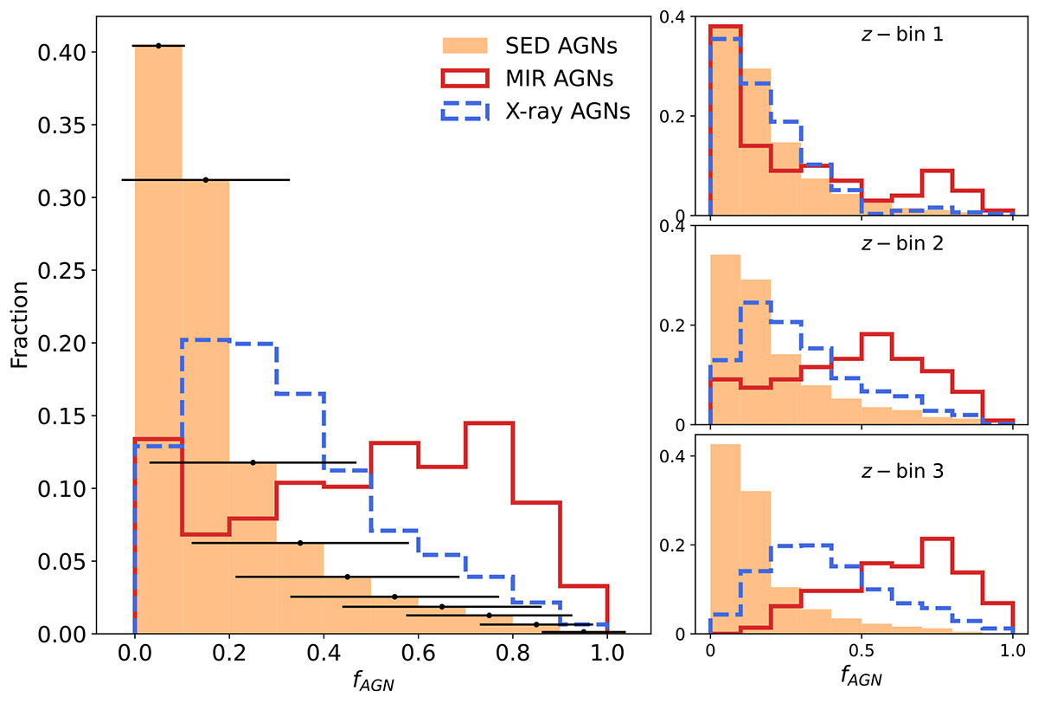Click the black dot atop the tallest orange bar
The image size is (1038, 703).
pos(158,45)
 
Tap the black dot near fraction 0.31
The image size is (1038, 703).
pos(205,179)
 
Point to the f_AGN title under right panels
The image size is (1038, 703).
pos(862,674)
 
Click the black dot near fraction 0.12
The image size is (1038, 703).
pos(253,462)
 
